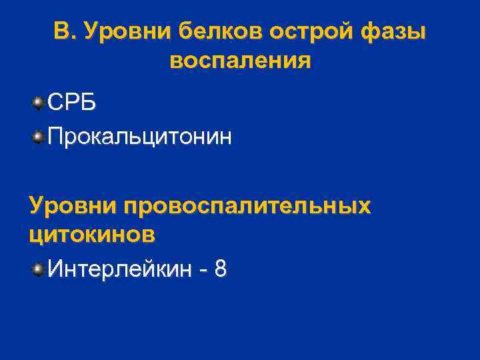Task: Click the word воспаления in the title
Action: (240, 62)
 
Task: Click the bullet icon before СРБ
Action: (39, 103)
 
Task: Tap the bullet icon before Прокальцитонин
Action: (39, 137)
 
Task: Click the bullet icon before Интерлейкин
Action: (39, 269)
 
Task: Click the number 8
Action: (221, 269)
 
